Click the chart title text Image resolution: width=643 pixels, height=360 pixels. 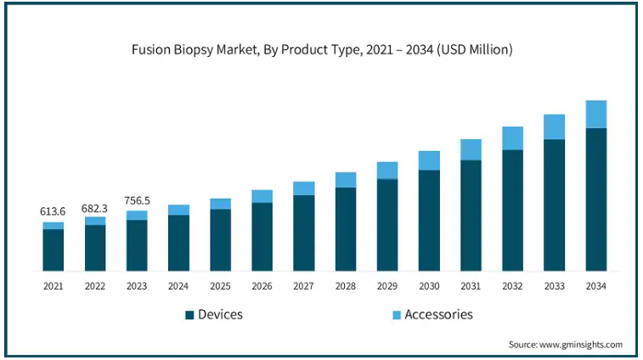[x=321, y=50]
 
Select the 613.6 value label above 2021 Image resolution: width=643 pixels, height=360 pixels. [x=54, y=211]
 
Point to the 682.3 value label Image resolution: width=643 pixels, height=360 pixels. [x=95, y=208]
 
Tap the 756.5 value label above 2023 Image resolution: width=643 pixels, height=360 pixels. [x=137, y=201]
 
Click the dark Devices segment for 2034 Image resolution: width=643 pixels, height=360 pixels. [x=596, y=200]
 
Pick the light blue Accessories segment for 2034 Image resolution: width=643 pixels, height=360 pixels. [x=596, y=114]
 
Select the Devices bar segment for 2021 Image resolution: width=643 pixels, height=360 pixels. [x=54, y=250]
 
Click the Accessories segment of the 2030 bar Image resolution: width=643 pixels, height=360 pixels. [x=429, y=160]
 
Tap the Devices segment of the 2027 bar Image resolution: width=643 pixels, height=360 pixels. [x=304, y=233]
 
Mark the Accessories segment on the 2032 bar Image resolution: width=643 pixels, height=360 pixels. [x=512, y=138]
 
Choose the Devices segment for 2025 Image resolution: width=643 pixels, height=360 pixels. [x=221, y=240]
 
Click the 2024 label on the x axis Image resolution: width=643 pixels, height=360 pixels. [x=178, y=287]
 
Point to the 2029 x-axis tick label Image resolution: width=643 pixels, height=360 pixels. [x=387, y=287]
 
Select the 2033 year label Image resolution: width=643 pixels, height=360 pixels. [x=554, y=287]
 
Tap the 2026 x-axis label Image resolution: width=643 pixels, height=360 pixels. [x=262, y=287]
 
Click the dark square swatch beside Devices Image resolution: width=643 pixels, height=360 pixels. [x=189, y=315]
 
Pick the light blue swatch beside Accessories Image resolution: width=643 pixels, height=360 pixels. [x=396, y=315]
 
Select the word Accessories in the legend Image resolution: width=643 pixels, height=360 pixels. [x=438, y=315]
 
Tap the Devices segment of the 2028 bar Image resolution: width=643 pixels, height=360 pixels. [x=346, y=229]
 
